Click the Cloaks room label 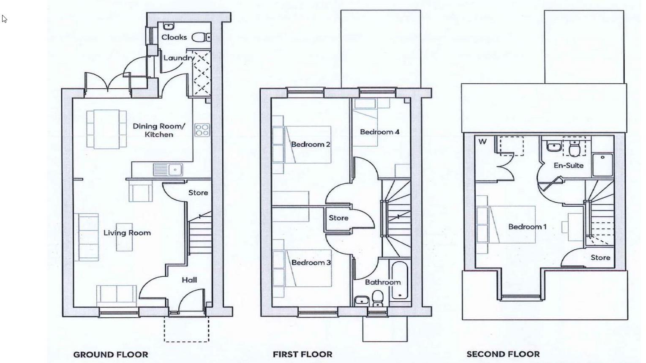[174, 37]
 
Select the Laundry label [179, 58]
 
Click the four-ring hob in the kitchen [202, 130]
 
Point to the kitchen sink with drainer [168, 170]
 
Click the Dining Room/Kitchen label [159, 130]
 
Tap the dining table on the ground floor [106, 129]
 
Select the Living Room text [127, 233]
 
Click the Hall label [189, 280]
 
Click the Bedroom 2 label [311, 145]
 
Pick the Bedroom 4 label [379, 132]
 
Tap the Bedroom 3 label [311, 262]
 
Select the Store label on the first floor [338, 218]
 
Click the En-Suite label [568, 165]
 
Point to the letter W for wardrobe [482, 142]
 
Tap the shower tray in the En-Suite [603, 165]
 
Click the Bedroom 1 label [527, 227]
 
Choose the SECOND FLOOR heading [503, 354]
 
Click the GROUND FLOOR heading [111, 355]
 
